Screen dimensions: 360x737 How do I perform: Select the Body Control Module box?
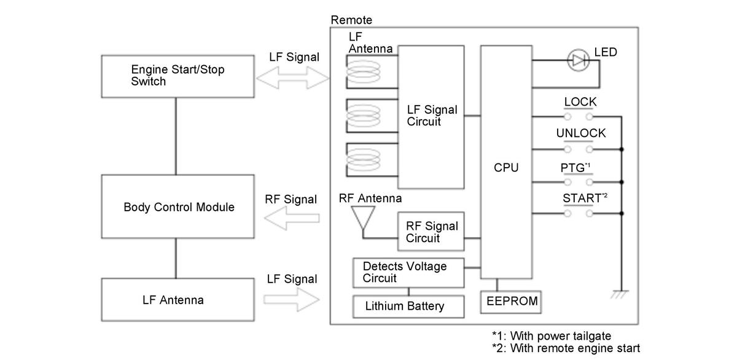click(177, 207)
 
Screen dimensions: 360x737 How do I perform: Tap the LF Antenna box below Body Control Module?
click(177, 300)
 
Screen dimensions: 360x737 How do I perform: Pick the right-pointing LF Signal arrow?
click(292, 299)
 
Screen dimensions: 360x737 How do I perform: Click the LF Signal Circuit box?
click(432, 115)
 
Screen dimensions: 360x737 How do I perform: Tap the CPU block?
click(506, 167)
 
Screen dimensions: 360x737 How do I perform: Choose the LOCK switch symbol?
click(579, 115)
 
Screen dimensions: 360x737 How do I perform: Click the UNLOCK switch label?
click(580, 133)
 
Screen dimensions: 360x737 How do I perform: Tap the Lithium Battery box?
click(408, 306)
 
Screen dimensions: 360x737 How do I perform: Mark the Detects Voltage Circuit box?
click(408, 273)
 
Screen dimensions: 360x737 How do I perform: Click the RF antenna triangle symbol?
click(364, 218)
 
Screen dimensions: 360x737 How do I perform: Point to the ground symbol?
click(622, 295)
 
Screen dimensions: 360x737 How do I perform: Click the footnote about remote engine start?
click(566, 348)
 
